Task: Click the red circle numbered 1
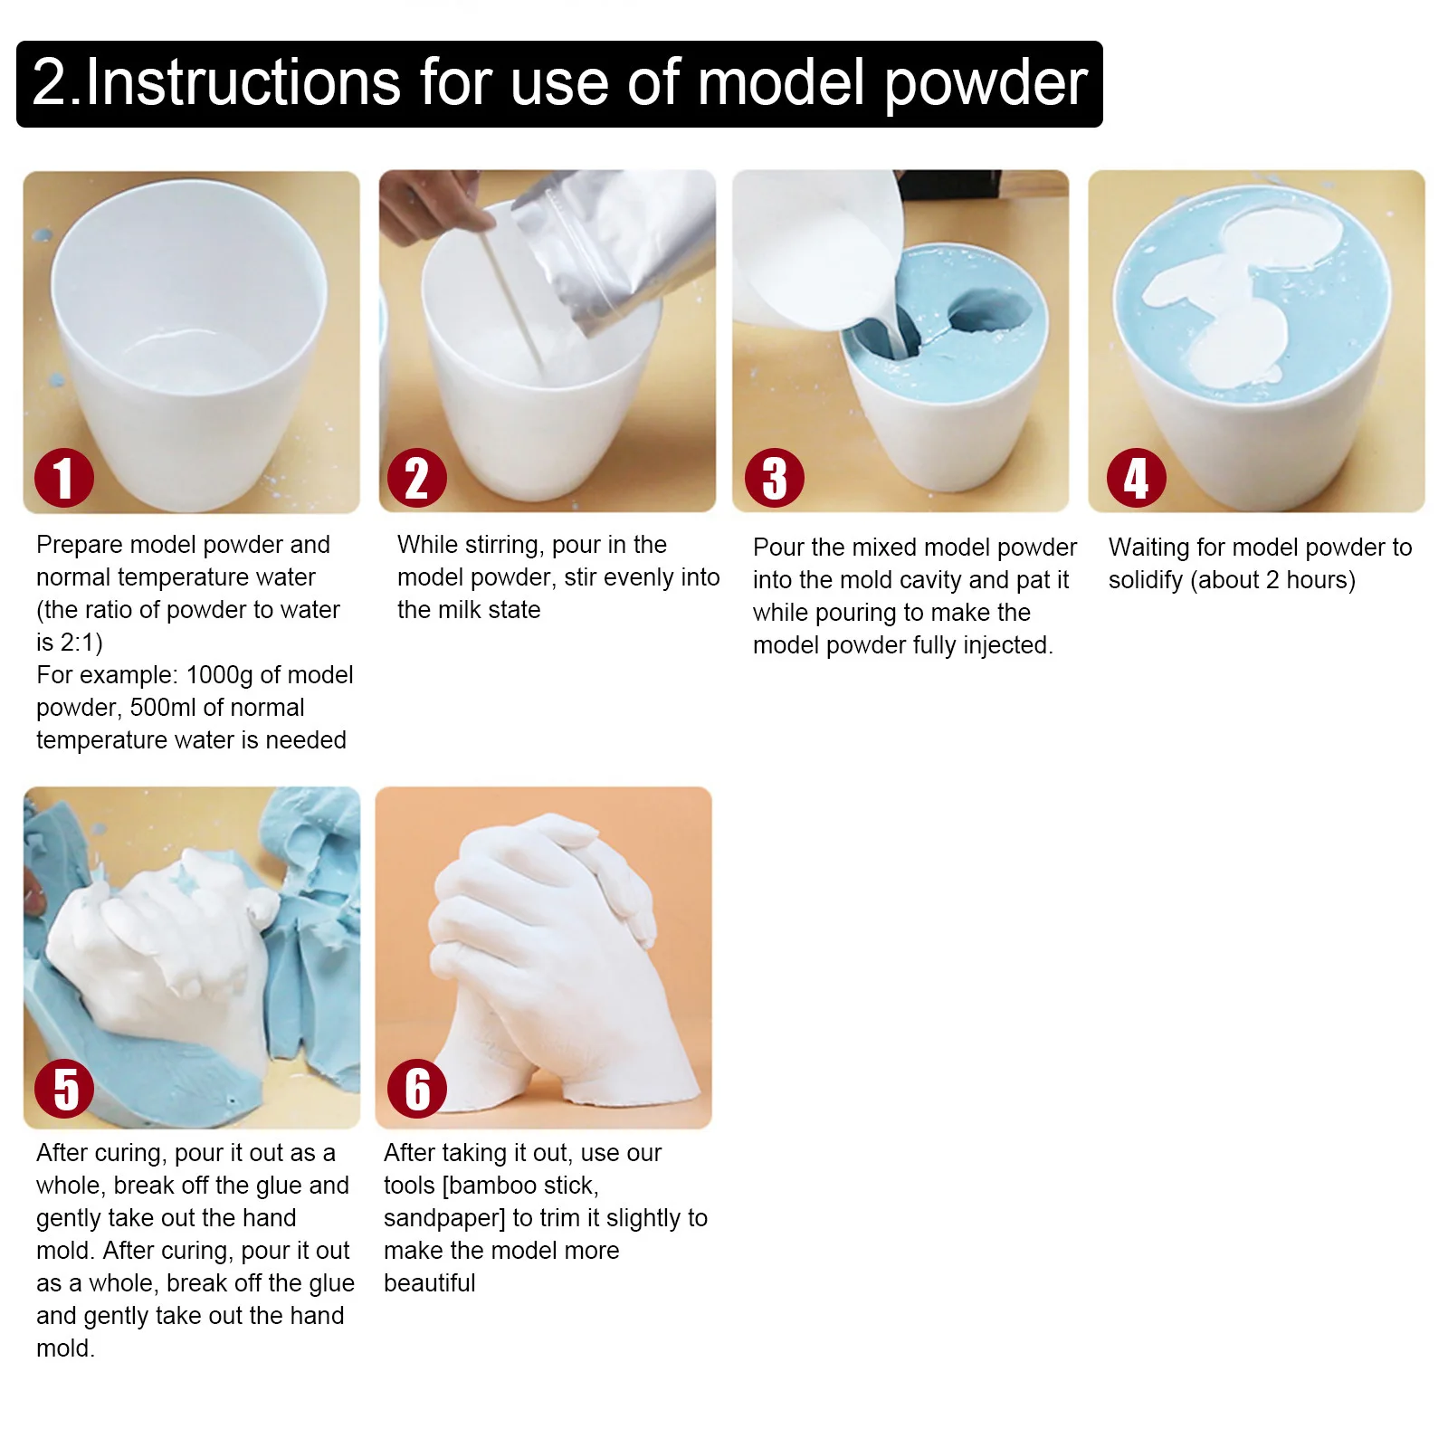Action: coord(64,478)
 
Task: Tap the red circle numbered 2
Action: coord(417,478)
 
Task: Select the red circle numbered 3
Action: coord(775,478)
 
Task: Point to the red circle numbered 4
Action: coord(1136,478)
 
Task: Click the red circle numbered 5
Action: coord(64,1089)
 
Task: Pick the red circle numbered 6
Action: coord(417,1089)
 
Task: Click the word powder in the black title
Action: coord(986,83)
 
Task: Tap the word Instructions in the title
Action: coord(243,83)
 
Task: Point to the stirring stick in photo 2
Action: coord(514,303)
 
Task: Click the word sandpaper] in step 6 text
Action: coord(444,1218)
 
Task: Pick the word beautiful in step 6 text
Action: coord(429,1283)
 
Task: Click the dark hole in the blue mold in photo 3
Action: coord(989,313)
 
